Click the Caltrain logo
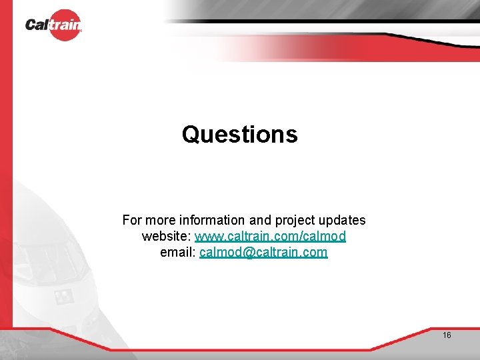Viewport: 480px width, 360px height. [x=53, y=25]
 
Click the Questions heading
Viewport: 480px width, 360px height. [x=239, y=135]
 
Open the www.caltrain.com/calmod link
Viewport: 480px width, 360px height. [x=270, y=237]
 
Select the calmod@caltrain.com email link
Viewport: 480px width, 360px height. [x=263, y=253]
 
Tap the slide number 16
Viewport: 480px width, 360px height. [x=447, y=335]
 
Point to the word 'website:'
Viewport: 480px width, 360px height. [x=166, y=237]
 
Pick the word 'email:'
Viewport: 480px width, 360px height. [x=178, y=253]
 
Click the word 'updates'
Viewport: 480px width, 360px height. [x=341, y=220]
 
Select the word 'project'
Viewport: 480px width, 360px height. [x=294, y=220]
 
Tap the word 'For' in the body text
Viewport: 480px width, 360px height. [x=132, y=220]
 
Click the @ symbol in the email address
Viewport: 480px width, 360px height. [x=251, y=253]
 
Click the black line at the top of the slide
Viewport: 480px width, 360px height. [x=320, y=21]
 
